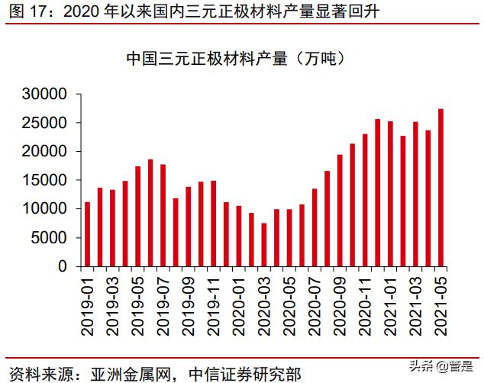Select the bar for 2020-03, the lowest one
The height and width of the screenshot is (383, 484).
coord(263,245)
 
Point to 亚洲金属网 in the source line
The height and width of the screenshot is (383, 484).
coord(129,374)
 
